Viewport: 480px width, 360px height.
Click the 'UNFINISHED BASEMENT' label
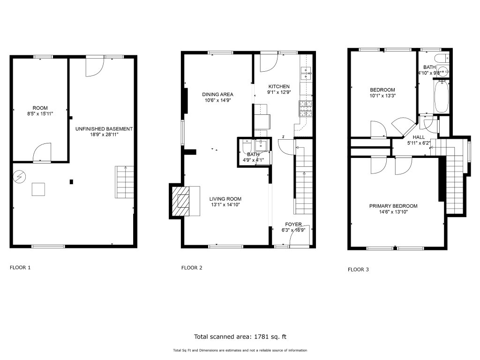[104, 129]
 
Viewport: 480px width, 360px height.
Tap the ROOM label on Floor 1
[40, 108]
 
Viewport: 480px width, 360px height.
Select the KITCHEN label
[279, 86]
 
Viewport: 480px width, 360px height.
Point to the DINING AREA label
[217, 94]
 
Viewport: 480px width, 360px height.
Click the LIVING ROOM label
[225, 199]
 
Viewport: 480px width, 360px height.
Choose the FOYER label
[293, 225]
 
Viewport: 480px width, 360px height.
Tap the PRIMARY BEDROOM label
[393, 206]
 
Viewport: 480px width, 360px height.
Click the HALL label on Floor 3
[419, 137]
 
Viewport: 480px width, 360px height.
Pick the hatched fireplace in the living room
[180, 201]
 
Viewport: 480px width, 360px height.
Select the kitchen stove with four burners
[306, 109]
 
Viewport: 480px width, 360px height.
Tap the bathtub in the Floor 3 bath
[441, 97]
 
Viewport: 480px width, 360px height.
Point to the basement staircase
[125, 182]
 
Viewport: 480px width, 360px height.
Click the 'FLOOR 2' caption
[192, 268]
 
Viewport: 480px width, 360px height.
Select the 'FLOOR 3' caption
[358, 270]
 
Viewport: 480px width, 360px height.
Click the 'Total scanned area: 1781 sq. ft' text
[240, 337]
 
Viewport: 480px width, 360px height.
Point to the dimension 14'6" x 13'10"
[393, 212]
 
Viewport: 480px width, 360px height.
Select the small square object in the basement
[38, 189]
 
